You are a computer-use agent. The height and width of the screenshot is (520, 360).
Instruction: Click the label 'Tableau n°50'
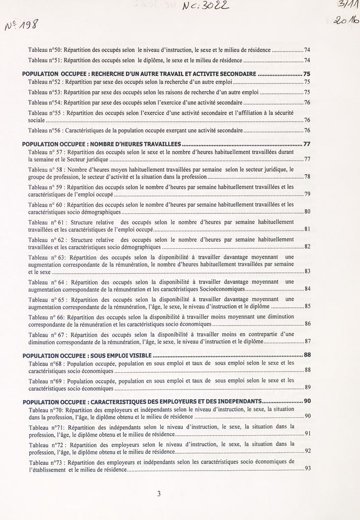[x=45, y=50]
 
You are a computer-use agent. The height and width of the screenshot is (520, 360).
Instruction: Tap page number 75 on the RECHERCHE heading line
[x=307, y=74]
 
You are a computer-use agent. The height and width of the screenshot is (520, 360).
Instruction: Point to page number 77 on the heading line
[x=307, y=144]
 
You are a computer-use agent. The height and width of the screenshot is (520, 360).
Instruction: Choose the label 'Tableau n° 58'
[x=46, y=169]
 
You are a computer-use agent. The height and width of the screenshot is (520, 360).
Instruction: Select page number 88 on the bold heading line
[x=307, y=355]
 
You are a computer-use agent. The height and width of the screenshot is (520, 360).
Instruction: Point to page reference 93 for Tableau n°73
[x=307, y=469]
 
